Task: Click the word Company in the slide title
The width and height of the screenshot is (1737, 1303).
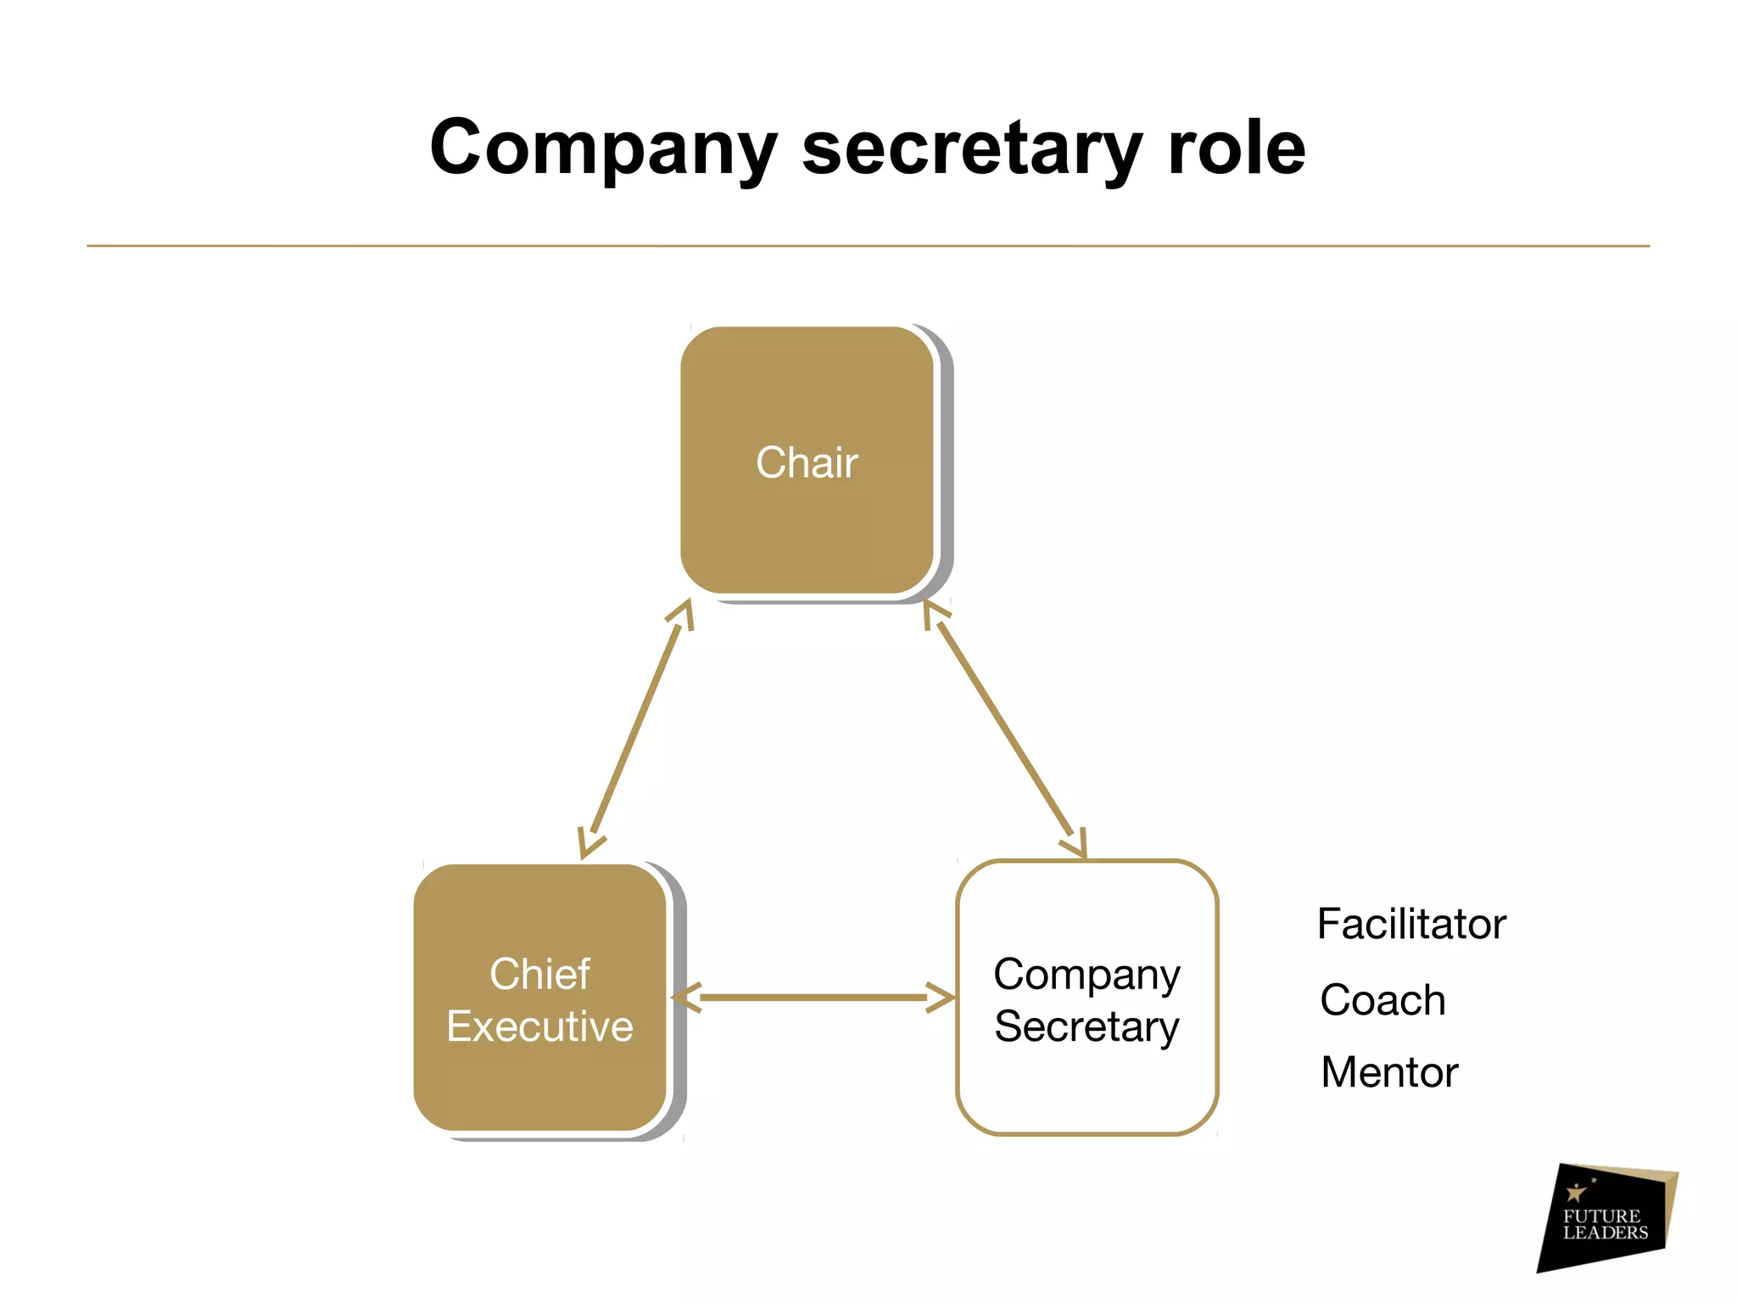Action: (603, 148)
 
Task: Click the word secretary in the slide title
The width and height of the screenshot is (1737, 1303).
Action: (973, 148)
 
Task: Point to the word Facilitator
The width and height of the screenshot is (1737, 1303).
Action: (1411, 924)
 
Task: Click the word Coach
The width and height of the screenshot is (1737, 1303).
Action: (1382, 1000)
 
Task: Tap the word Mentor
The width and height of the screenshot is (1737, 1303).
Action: (1389, 1072)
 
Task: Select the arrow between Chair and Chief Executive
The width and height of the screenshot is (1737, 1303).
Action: (636, 730)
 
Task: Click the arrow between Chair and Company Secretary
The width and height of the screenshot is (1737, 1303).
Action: (1005, 730)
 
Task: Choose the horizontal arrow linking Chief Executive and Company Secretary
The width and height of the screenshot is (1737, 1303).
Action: (814, 998)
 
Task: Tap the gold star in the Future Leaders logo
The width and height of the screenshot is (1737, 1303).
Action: (1576, 1193)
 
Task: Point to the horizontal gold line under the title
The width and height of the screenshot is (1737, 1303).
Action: (868, 246)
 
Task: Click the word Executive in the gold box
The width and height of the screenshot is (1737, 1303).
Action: (540, 1026)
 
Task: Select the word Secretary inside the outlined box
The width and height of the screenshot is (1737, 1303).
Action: (1086, 1026)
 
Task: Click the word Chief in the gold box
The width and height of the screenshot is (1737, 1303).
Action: (540, 974)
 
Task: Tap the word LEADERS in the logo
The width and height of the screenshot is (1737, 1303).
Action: (1606, 1233)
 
